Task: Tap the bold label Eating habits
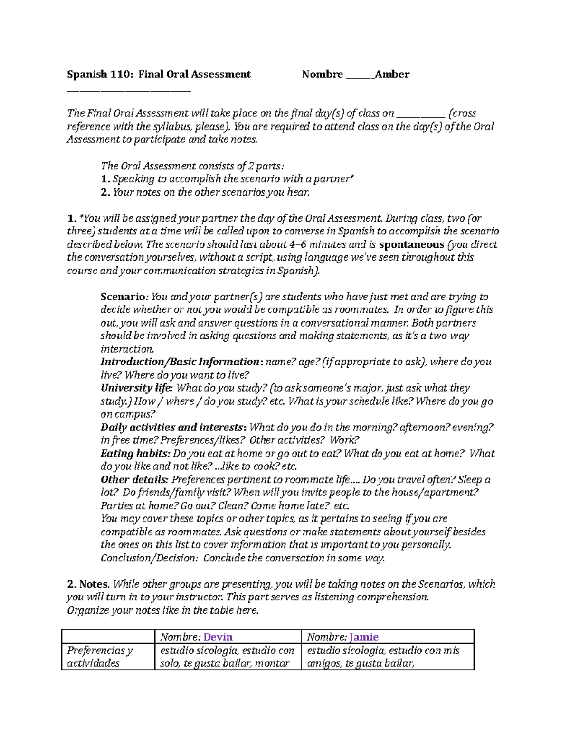(135, 454)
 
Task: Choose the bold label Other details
(134, 480)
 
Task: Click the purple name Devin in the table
(218, 637)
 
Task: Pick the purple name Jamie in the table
(364, 637)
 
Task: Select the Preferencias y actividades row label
(100, 657)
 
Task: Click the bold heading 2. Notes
(88, 584)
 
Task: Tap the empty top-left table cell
(108, 637)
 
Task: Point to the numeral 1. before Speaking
(105, 179)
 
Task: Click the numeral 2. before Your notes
(105, 192)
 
